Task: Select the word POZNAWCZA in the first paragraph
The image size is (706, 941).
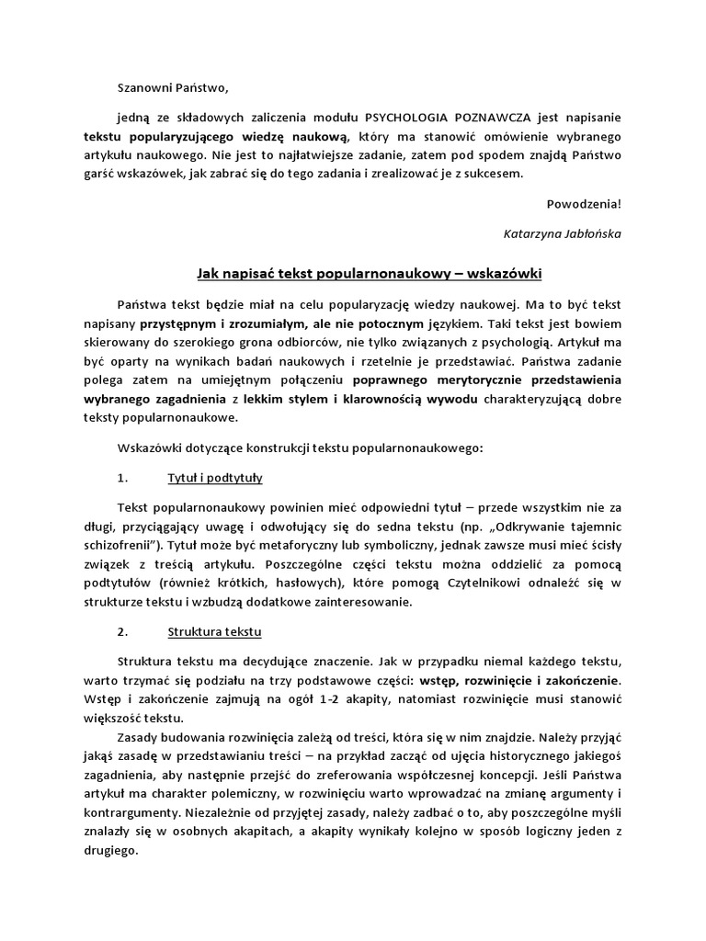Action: point(493,118)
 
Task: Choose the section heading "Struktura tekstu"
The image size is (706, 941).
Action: point(215,632)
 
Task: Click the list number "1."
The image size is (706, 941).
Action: point(124,478)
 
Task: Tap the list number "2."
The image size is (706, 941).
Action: point(124,632)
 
